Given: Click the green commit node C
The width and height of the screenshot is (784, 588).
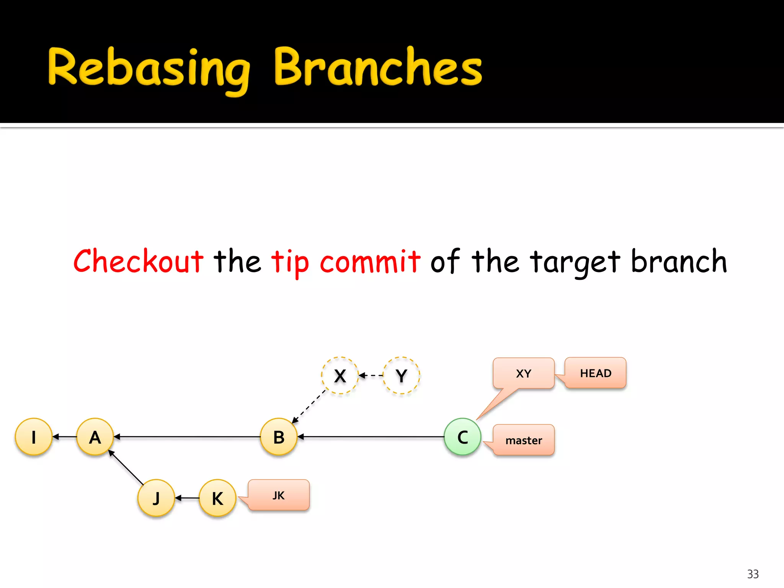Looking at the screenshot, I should (462, 436).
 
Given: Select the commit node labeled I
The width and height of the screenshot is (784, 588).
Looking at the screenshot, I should (34, 436).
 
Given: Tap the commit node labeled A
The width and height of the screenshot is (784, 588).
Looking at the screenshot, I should (95, 436).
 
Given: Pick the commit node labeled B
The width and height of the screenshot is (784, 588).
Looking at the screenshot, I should (279, 436).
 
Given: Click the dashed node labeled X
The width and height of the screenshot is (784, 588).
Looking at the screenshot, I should (340, 376).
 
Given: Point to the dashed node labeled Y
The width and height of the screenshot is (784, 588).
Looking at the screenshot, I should (401, 376).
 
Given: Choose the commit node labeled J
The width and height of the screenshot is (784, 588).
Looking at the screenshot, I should (156, 498).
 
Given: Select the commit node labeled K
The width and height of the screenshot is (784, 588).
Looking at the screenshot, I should (217, 498).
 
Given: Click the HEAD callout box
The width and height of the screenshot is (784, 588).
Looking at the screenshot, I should (596, 373).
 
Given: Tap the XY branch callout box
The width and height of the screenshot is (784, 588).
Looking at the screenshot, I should (523, 373).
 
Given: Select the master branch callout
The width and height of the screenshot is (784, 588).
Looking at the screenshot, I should (524, 440).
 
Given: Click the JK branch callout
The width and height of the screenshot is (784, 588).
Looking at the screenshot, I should (279, 495).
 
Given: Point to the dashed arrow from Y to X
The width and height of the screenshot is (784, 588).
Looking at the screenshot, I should (371, 376).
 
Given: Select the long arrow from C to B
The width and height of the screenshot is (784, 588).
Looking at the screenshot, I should (371, 436).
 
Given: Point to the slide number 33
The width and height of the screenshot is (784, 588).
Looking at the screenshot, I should (753, 574).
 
